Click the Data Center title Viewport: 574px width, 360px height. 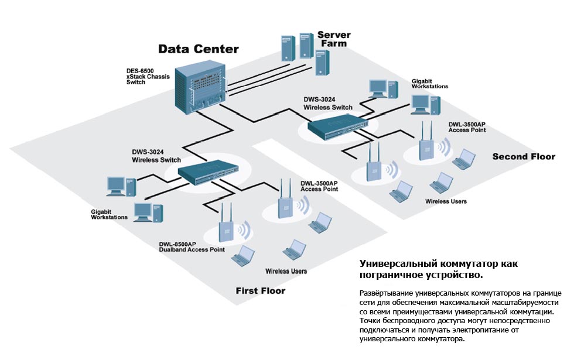pyautogui.click(x=199, y=49)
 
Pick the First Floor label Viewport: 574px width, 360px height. pyautogui.click(x=260, y=290)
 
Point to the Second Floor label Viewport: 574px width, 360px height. pyautogui.click(x=523, y=156)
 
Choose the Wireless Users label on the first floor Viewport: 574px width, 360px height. pyautogui.click(x=286, y=271)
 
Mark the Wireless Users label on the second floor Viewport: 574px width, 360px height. pyautogui.click(x=446, y=201)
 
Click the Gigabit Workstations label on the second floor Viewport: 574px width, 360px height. pyautogui.click(x=429, y=83)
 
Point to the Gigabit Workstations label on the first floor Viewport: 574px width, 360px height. pyautogui.click(x=109, y=214)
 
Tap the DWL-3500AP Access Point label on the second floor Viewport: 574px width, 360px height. pyautogui.click(x=466, y=127)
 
